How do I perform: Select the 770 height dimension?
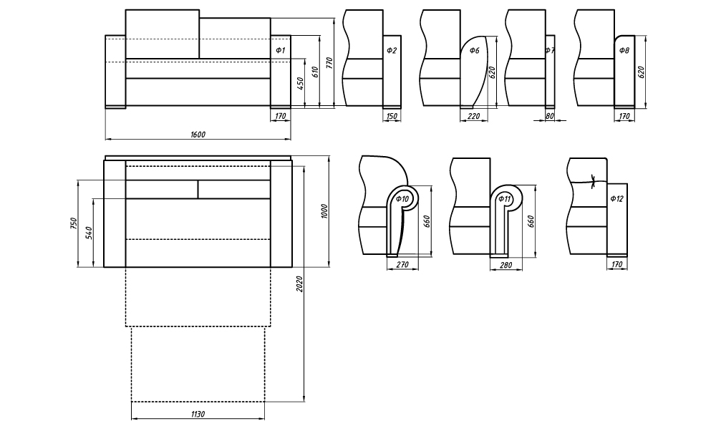coord(329,63)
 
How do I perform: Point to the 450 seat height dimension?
coord(301,83)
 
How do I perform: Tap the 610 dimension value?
coord(314,72)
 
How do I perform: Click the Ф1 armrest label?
coord(280,50)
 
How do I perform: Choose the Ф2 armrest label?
coord(392,50)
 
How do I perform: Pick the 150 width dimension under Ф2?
coord(392,115)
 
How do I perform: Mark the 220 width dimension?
coord(473,115)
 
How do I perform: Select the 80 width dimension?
coord(550,115)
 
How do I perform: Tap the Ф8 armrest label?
coord(624,50)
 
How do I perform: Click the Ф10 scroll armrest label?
coord(402,198)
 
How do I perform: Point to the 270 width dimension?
coord(402,265)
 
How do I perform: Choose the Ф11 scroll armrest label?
coord(504,198)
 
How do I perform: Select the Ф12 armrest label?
coord(616,198)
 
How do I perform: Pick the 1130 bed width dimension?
coord(198,415)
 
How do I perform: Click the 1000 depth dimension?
coord(324,212)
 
